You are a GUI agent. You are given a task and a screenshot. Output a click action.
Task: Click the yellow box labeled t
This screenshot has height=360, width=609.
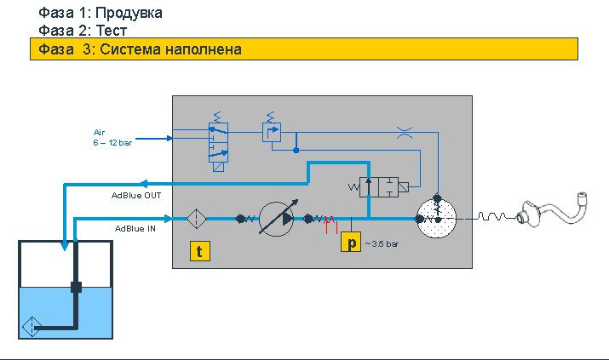coord(200,251)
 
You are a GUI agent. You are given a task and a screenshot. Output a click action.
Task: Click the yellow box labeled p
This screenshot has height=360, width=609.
coord(351,242)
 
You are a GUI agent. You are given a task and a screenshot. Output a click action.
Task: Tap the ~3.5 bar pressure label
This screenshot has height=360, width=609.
coord(382,244)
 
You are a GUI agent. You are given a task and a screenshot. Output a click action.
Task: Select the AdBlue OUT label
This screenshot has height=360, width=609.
coord(136,196)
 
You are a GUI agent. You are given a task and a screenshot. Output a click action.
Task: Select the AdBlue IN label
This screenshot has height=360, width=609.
coord(135,229)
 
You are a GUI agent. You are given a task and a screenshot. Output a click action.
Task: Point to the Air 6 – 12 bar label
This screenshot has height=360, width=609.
coord(112,138)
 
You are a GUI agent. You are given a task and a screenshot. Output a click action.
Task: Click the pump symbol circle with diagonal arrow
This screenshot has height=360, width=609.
coord(277,219)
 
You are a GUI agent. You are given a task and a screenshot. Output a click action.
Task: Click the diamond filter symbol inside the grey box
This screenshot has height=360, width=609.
coord(197,219)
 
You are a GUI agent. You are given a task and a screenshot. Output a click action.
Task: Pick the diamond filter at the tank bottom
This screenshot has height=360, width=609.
coord(32,327)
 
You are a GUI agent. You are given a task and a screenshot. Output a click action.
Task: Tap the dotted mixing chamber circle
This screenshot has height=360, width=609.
coord(436,219)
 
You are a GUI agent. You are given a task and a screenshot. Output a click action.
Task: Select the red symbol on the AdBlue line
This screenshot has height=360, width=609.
coord(330,224)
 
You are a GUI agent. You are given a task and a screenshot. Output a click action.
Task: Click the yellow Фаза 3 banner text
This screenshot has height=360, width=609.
coord(140,49)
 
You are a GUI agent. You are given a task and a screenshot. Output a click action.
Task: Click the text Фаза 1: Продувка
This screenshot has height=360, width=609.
coord(101,13)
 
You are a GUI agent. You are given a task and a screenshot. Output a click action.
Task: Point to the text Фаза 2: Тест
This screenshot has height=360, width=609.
coord(83,31)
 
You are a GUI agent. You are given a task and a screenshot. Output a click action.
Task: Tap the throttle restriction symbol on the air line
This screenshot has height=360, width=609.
coord(405,133)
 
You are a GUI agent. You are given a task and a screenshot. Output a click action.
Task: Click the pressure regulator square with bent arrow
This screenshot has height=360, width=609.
coord(272,132)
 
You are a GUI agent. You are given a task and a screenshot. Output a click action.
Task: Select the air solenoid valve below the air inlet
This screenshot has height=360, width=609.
coord(218,142)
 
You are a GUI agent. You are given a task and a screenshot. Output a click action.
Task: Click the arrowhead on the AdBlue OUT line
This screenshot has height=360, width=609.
coord(143,184)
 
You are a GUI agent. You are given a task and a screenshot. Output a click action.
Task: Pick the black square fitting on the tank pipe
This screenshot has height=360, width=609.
coord(76,288)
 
